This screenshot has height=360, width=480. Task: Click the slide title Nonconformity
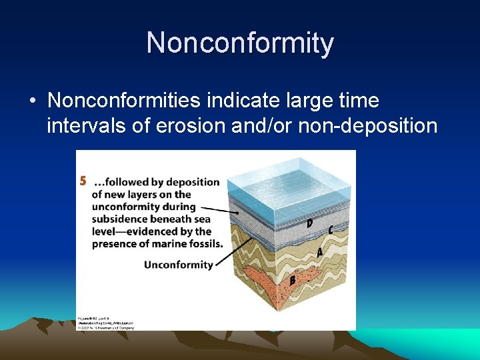click(x=240, y=43)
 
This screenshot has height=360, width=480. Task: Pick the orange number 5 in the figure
click(x=83, y=181)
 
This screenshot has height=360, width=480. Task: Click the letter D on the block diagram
click(x=309, y=223)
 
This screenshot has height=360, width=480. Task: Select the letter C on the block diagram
click(x=331, y=230)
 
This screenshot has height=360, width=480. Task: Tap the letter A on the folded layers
click(x=319, y=253)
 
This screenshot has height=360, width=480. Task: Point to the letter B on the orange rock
click(x=292, y=281)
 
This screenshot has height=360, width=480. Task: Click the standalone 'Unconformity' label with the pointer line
click(x=178, y=265)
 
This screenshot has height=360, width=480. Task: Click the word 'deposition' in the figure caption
click(x=193, y=182)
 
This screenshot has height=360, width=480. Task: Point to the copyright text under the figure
click(x=107, y=326)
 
